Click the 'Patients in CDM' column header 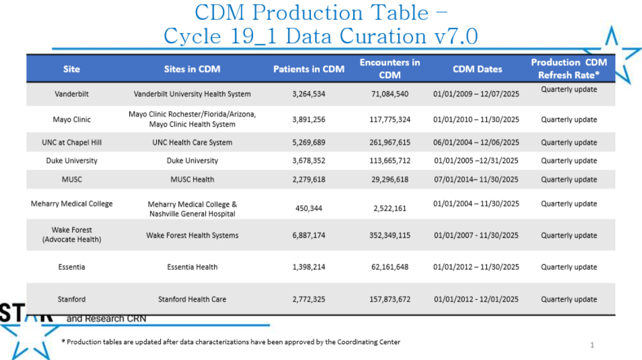[x=308, y=69]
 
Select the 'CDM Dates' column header [x=477, y=69]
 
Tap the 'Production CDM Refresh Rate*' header [x=569, y=69]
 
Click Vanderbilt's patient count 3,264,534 [x=308, y=93]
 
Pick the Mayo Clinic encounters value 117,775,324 [x=390, y=120]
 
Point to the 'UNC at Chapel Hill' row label [x=72, y=142]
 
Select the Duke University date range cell [x=476, y=160]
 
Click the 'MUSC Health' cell [x=192, y=179]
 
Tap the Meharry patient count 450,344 [x=308, y=208]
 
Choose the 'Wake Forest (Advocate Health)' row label [x=72, y=235]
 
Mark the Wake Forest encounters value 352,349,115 [x=390, y=235]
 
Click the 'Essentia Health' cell [x=192, y=267]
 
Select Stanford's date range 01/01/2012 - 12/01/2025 [x=476, y=299]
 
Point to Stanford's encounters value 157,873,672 [x=390, y=299]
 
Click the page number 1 [x=592, y=345]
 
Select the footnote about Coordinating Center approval [x=231, y=342]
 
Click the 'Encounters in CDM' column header [x=390, y=68]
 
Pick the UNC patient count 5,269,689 [x=308, y=142]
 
